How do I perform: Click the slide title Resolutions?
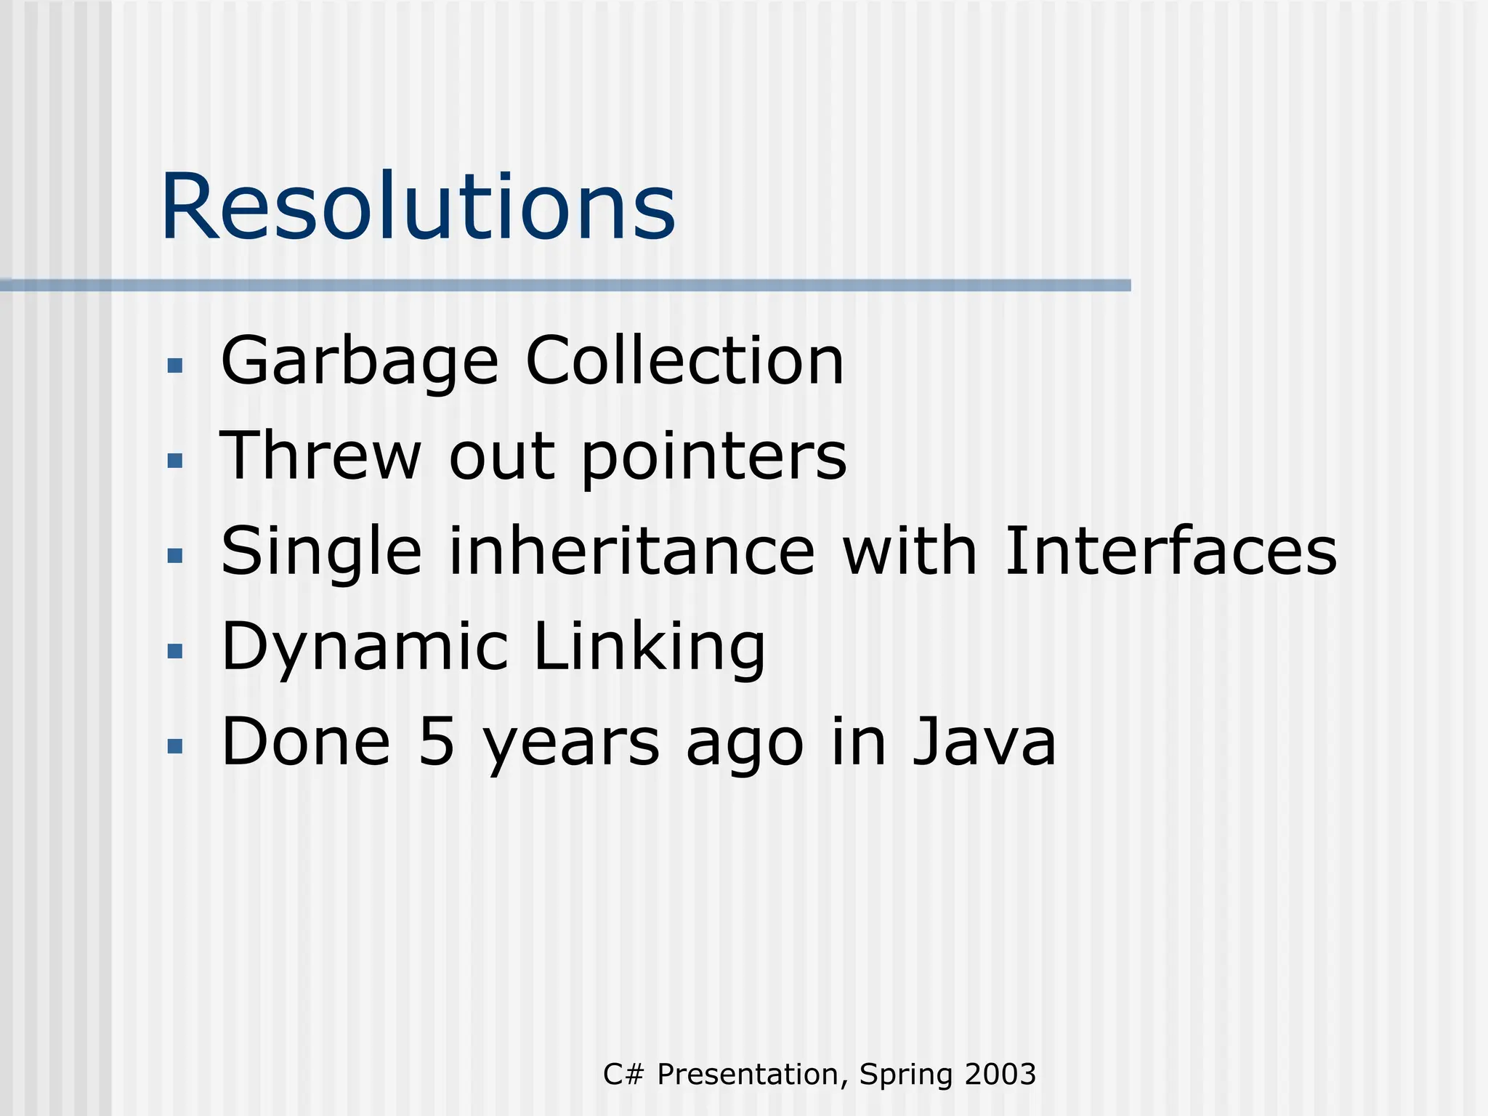[418, 206]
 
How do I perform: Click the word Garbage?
[360, 362]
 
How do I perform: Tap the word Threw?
[320, 456]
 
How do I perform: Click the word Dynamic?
[364, 647]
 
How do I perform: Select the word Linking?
[649, 647]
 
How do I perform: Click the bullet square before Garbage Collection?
[174, 365]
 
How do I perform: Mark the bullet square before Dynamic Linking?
[174, 650]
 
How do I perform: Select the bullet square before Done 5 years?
[174, 745]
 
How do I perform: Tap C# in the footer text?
[623, 1074]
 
